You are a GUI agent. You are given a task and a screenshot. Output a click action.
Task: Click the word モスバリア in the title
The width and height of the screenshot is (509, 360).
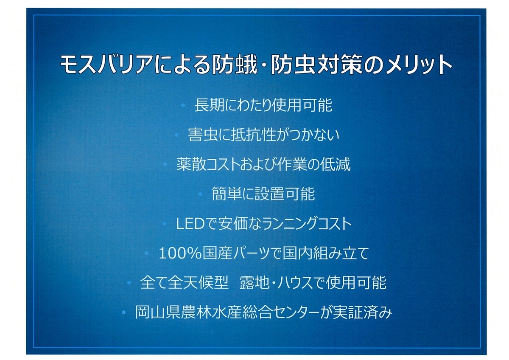point(106,65)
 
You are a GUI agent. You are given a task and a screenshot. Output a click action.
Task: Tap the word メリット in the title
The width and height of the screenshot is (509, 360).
point(419,65)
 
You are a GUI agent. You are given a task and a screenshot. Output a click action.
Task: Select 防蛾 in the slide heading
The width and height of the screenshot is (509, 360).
point(234,65)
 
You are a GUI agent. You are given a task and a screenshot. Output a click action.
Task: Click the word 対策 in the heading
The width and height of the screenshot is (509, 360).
point(340,65)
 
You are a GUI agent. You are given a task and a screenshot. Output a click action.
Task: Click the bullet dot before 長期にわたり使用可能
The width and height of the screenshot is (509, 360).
point(183,105)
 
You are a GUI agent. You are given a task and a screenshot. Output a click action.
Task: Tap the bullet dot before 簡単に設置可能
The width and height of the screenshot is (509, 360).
point(200,194)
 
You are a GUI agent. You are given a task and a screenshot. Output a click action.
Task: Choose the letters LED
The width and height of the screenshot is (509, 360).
point(190,224)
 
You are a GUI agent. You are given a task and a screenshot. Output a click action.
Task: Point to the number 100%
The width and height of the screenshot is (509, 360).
point(180,253)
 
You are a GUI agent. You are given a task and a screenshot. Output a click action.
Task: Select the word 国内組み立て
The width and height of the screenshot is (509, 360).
point(325,253)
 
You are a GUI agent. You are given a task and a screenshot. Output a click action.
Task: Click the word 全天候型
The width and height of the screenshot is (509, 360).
point(198,283)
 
